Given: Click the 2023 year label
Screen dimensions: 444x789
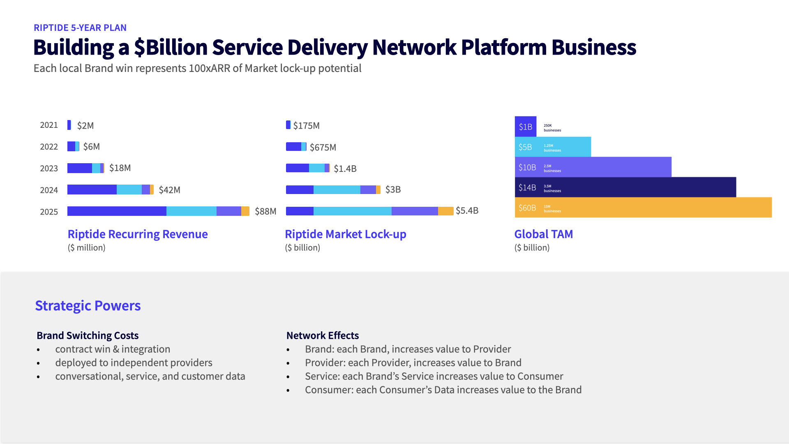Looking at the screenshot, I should [49, 169].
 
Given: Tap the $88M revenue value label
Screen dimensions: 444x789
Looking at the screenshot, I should [265, 211].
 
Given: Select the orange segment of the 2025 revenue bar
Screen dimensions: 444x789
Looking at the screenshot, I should [245, 211].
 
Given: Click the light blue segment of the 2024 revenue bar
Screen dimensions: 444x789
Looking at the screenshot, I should [129, 190].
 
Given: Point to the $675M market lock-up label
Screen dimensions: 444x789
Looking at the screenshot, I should [323, 147].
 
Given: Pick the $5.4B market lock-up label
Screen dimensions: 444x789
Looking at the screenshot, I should [467, 210].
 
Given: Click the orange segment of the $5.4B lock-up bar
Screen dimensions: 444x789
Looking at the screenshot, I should [445, 211].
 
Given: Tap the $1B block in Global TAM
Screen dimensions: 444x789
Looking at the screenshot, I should [526, 127].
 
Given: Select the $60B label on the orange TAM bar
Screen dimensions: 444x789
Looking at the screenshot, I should [527, 208].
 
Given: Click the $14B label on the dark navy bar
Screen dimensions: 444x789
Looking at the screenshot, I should [527, 187].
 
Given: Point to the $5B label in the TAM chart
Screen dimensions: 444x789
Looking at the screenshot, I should [525, 147].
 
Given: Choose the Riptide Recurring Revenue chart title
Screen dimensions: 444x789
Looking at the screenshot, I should [138, 234].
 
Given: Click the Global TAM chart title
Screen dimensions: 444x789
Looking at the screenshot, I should [543, 234].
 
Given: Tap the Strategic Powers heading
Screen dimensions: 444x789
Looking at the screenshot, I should [88, 305].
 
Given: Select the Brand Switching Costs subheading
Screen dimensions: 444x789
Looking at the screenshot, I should [88, 335].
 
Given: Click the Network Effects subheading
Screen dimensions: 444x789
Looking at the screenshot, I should [323, 335].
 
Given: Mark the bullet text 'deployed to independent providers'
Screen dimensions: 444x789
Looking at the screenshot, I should [134, 363].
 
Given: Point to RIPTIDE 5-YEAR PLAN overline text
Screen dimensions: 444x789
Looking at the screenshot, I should [80, 28].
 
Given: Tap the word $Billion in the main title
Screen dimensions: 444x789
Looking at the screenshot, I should [171, 47].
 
